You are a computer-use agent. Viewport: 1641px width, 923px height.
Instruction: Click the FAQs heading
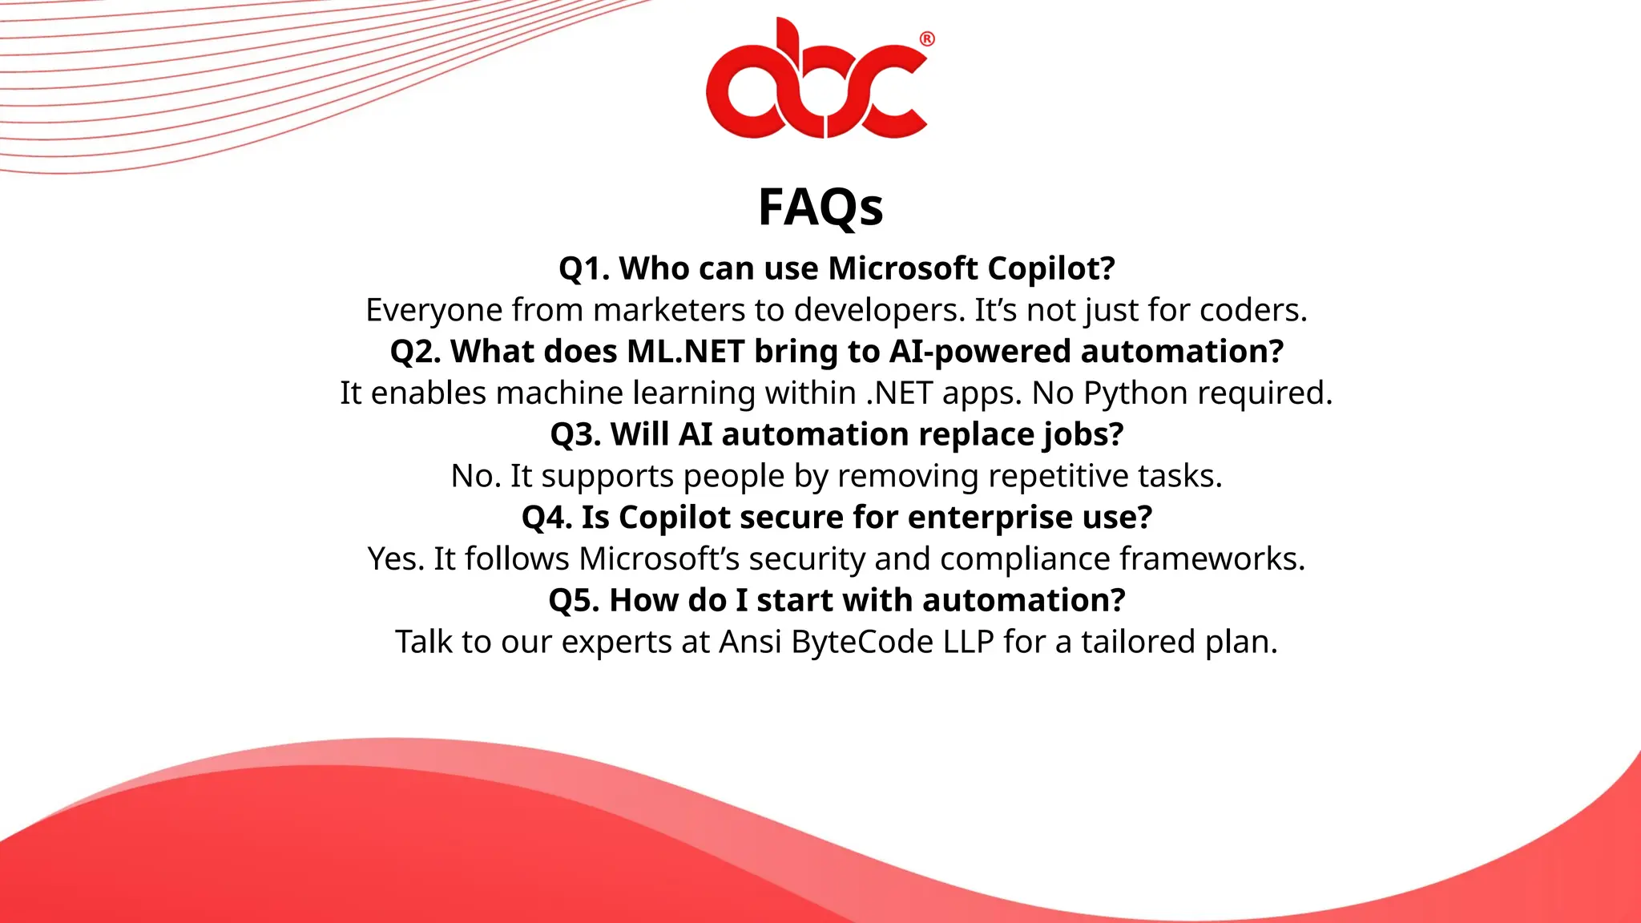[820, 208]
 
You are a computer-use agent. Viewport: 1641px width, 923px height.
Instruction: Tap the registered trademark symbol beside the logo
[927, 39]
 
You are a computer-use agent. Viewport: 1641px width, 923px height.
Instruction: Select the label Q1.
[584, 269]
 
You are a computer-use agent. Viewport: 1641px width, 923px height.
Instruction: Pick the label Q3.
[575, 435]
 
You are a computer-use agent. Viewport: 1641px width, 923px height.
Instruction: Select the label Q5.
[574, 601]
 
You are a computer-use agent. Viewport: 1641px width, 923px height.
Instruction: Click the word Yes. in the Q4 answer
[396, 559]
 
